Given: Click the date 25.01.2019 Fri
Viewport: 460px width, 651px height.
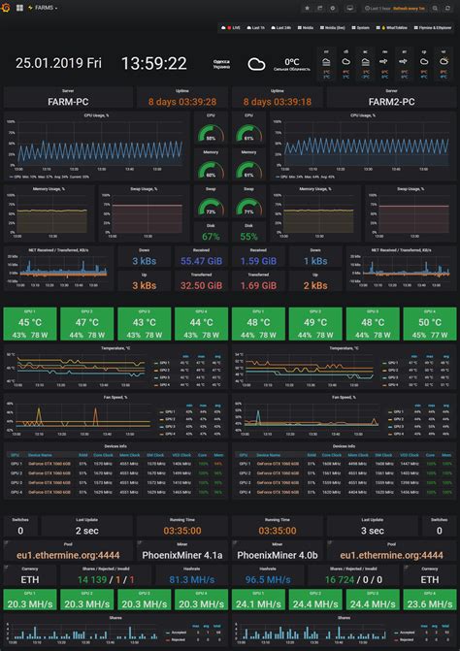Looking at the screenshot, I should (x=59, y=63).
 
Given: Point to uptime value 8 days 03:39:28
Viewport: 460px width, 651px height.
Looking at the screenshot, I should (x=182, y=101).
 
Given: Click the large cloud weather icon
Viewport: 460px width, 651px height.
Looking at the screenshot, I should (x=257, y=65).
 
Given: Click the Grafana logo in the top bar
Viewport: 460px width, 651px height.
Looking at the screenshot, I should (x=7, y=8).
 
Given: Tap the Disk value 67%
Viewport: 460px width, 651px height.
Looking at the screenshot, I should (x=211, y=236).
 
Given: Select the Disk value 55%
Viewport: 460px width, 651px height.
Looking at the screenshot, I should (x=248, y=236).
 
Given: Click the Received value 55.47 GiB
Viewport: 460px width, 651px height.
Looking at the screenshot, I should (x=199, y=261).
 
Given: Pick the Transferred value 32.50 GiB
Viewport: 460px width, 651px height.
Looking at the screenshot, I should (x=199, y=285).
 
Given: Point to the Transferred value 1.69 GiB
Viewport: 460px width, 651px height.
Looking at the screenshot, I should (x=259, y=285).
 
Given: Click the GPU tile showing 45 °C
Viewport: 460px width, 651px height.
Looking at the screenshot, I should (x=30, y=323).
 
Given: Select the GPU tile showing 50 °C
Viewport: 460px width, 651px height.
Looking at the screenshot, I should (x=428, y=323).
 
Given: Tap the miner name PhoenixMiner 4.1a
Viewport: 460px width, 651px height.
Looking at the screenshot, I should (x=182, y=555).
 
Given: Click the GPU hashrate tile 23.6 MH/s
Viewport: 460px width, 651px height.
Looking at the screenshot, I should (x=428, y=603).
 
